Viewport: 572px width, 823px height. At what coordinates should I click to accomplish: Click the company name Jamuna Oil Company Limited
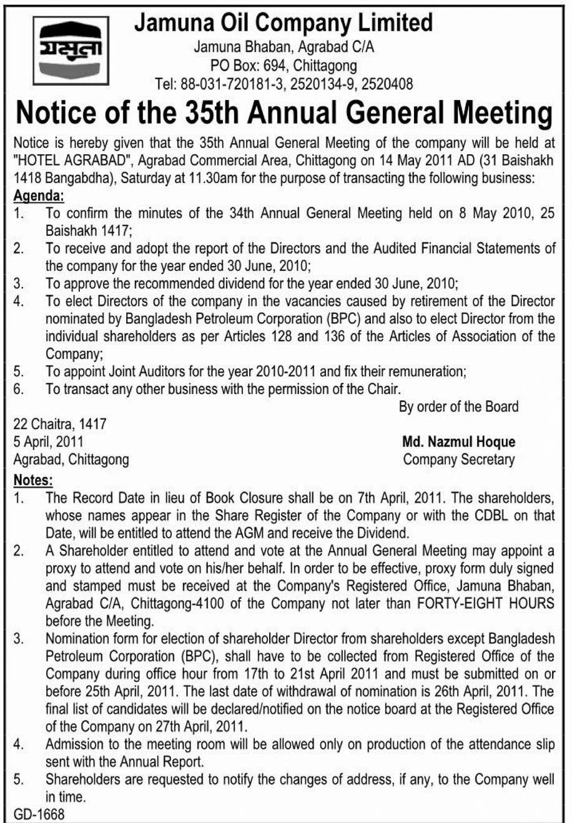coord(284,23)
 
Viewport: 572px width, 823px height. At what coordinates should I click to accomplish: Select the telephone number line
coord(284,83)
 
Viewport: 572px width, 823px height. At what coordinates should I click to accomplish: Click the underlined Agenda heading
coord(39,196)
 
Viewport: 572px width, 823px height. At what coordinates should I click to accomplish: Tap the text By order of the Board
coord(458,407)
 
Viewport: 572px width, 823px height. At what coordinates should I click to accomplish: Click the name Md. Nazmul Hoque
coord(459,442)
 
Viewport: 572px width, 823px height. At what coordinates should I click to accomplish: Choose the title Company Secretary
coord(459,460)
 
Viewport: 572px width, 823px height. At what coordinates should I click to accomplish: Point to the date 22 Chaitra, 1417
coord(60,424)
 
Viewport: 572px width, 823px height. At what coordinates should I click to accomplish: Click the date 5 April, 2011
coord(49,442)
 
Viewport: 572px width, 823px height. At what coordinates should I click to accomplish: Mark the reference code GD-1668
coord(39,814)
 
